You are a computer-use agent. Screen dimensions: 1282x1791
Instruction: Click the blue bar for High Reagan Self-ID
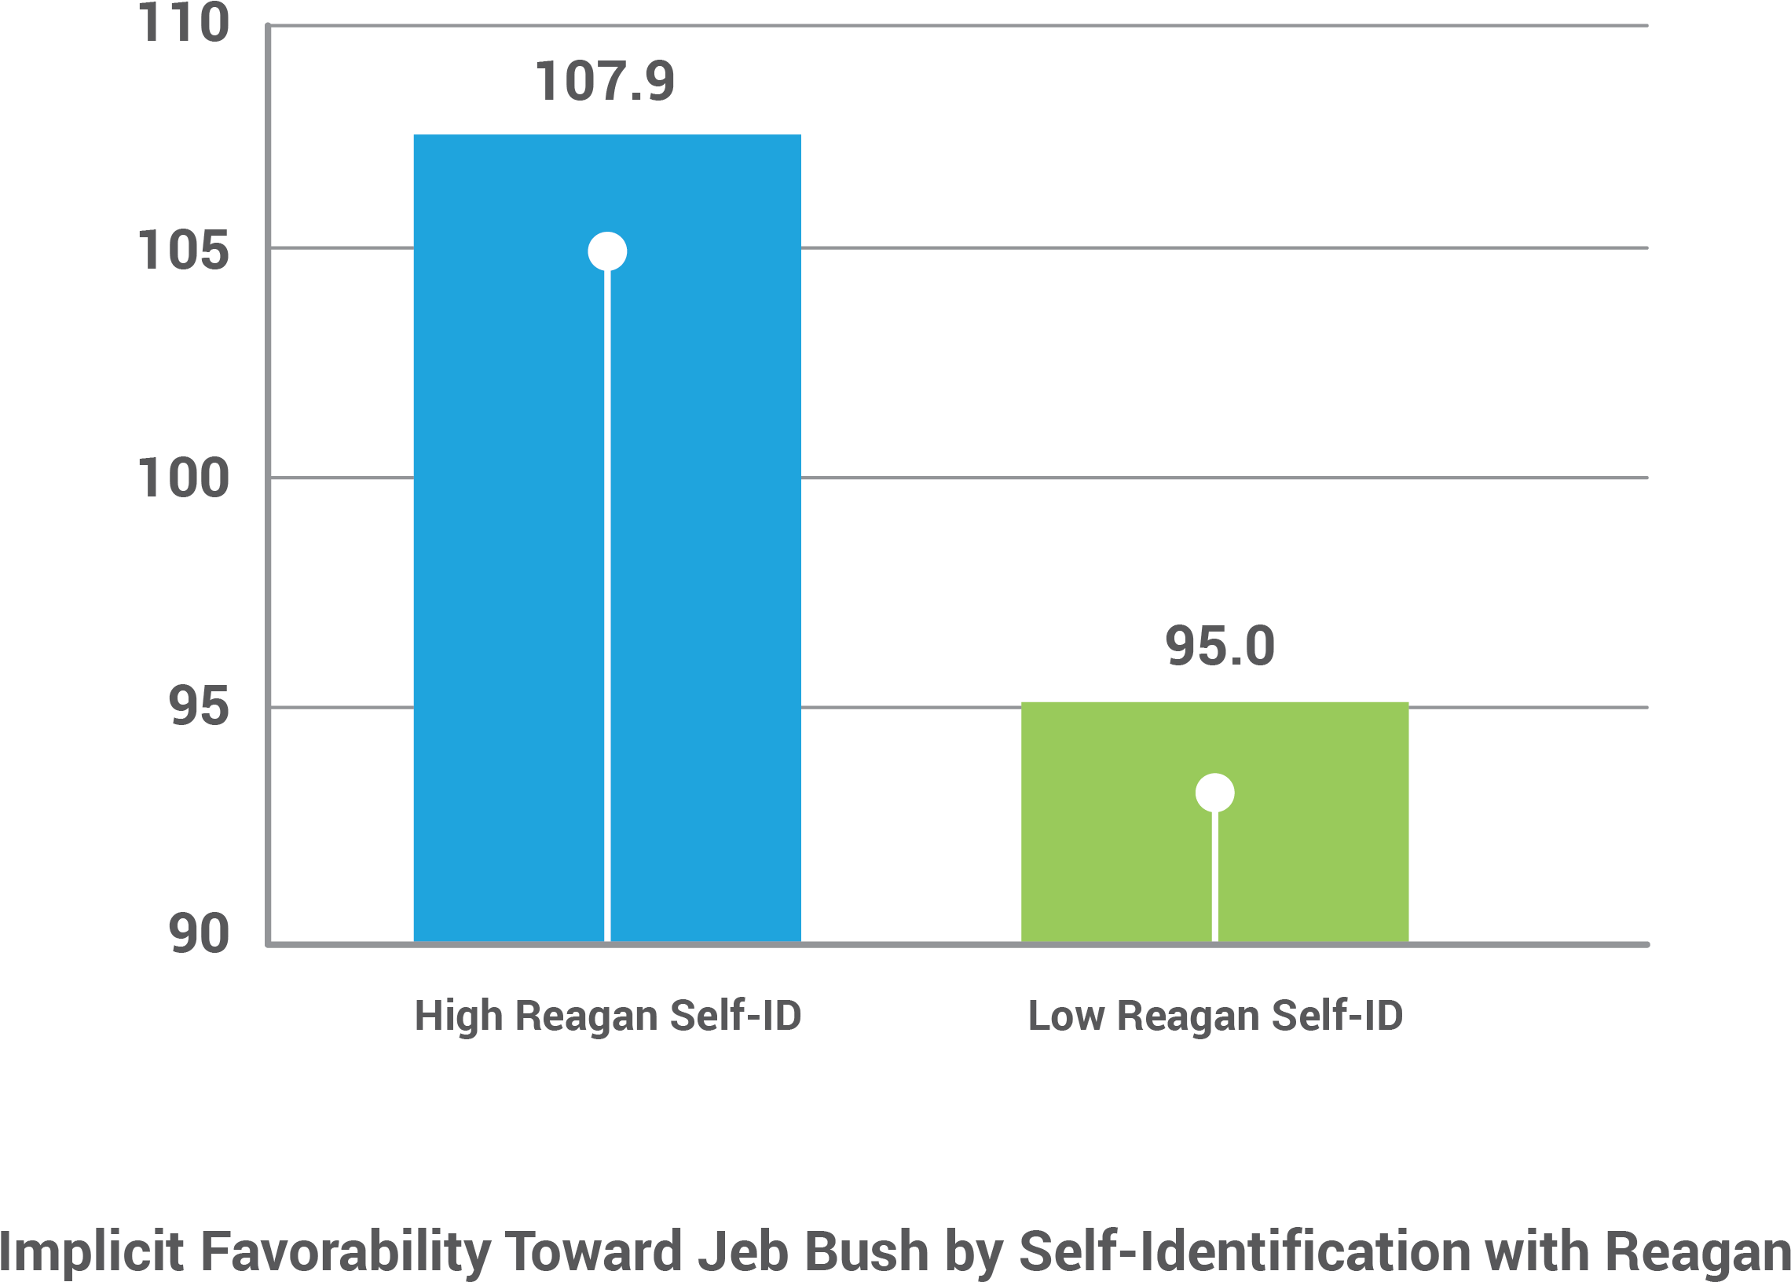point(505,552)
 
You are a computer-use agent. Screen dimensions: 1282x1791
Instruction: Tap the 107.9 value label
point(605,82)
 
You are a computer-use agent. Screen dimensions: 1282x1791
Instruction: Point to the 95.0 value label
point(1219,646)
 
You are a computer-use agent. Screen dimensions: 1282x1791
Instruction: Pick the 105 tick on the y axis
point(183,251)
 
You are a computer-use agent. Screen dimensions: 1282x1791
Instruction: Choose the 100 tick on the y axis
point(183,478)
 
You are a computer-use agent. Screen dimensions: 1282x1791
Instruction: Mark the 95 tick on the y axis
point(198,705)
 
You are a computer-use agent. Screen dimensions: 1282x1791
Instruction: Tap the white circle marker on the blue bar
point(607,252)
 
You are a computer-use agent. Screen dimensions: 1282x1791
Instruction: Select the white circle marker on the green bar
point(1214,793)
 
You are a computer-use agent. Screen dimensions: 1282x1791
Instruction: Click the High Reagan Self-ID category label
point(607,1015)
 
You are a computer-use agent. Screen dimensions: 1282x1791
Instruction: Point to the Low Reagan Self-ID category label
point(1214,1015)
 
